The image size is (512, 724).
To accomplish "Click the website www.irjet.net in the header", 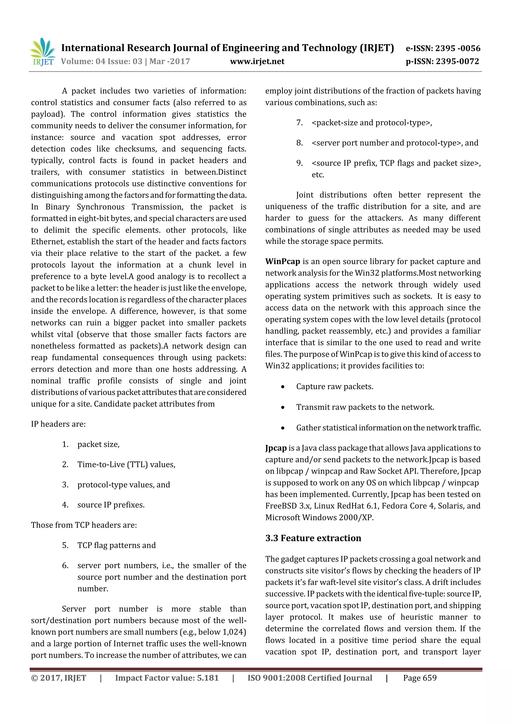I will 257,61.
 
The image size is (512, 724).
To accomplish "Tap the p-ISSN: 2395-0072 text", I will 442,61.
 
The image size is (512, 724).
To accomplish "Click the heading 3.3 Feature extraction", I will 313,538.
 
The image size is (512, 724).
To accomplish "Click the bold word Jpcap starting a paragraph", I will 276,448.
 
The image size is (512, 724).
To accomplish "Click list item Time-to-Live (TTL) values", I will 126,465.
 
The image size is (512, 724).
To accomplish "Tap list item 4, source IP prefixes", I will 111,505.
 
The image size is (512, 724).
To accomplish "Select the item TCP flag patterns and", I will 116,545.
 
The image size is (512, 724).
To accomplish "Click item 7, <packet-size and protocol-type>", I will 371,123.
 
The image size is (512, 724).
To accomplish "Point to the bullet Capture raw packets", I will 334,387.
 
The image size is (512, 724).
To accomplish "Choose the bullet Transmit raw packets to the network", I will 365,407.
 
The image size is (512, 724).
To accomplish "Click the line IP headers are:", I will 58,424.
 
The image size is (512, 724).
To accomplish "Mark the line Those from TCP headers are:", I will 84,525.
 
